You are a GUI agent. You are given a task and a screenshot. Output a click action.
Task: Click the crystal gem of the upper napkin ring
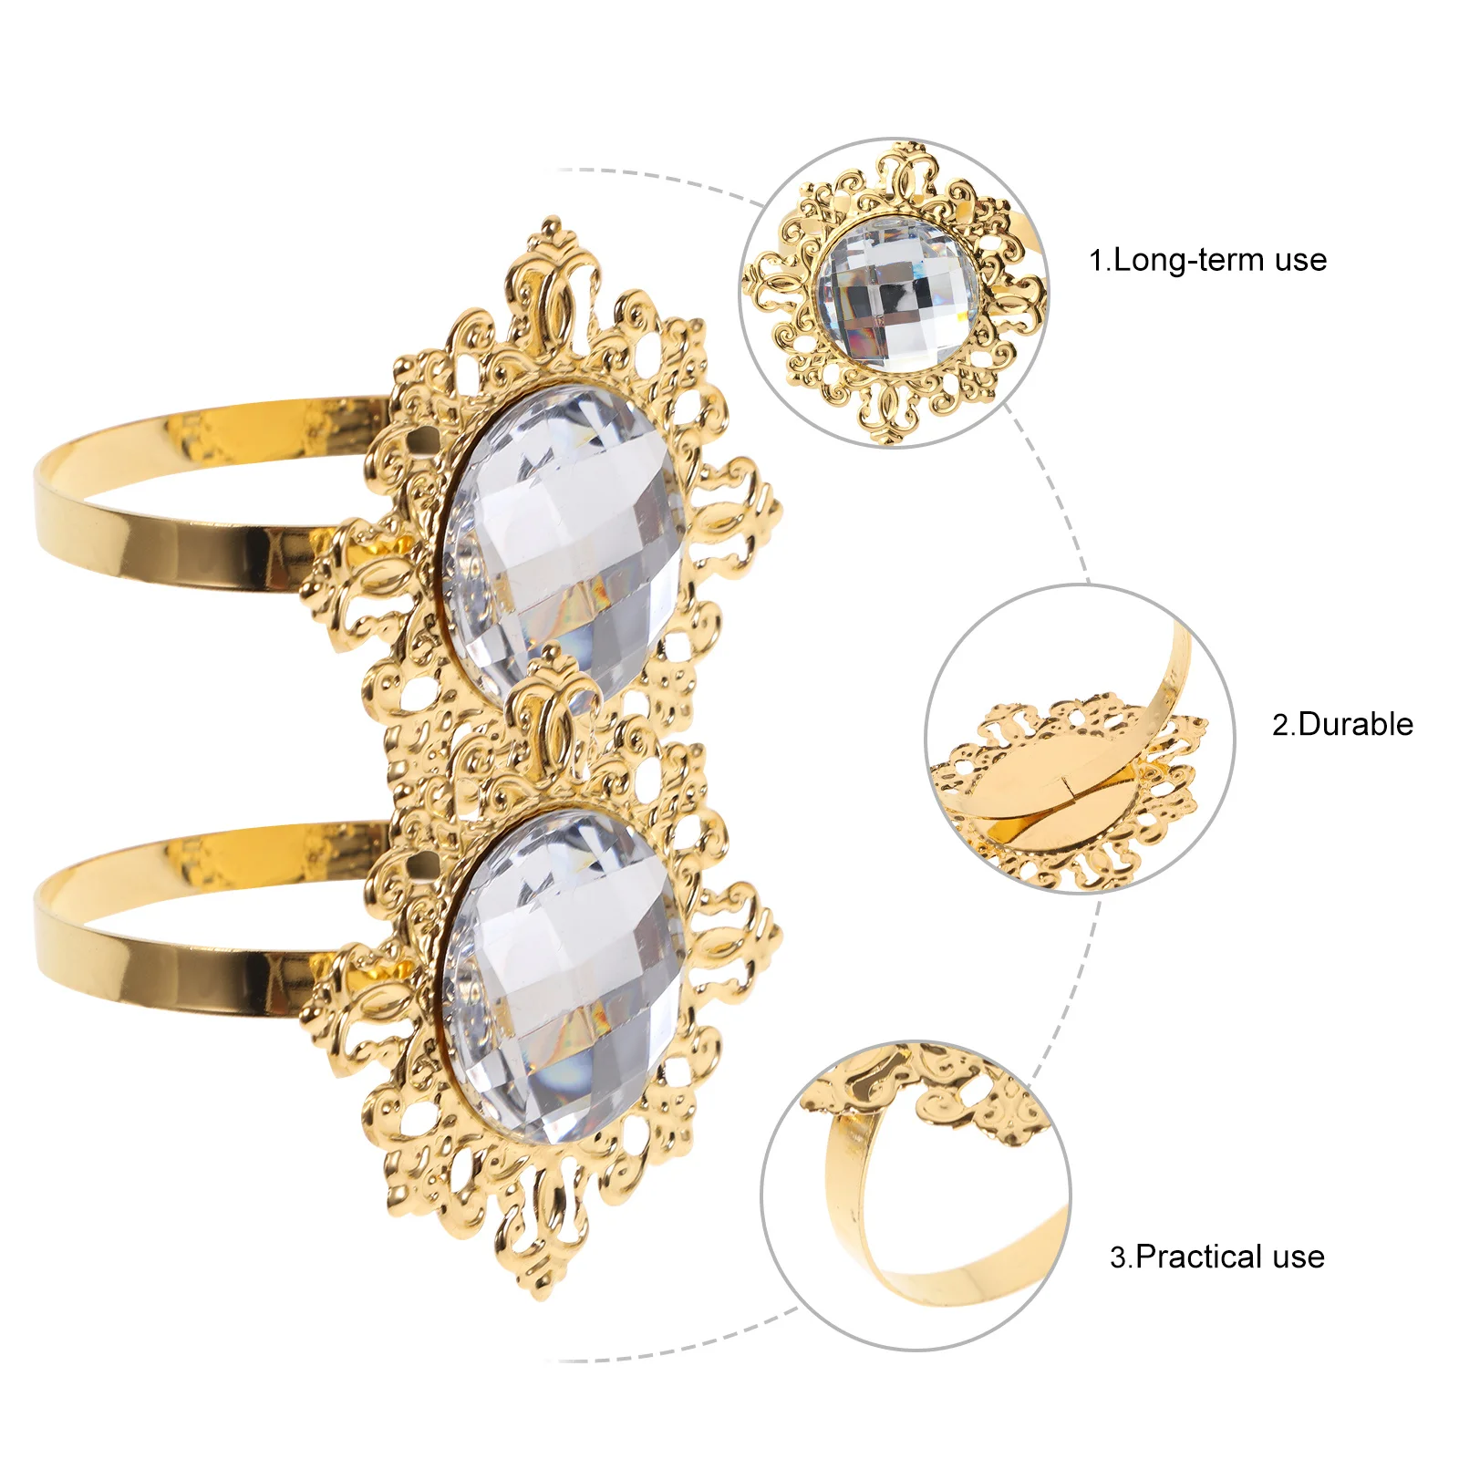pyautogui.click(x=564, y=538)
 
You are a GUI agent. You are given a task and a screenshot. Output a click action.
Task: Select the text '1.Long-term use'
pyautogui.click(x=1207, y=261)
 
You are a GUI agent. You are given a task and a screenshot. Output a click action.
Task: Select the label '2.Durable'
pyautogui.click(x=1342, y=725)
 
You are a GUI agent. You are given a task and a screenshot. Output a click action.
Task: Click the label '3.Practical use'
pyautogui.click(x=1216, y=1257)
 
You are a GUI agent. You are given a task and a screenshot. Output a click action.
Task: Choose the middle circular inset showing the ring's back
pyautogui.click(x=1080, y=739)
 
